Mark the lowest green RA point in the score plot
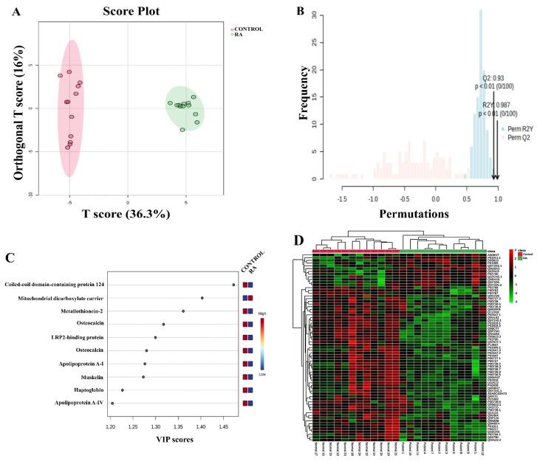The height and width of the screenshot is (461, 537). tap(182, 130)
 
